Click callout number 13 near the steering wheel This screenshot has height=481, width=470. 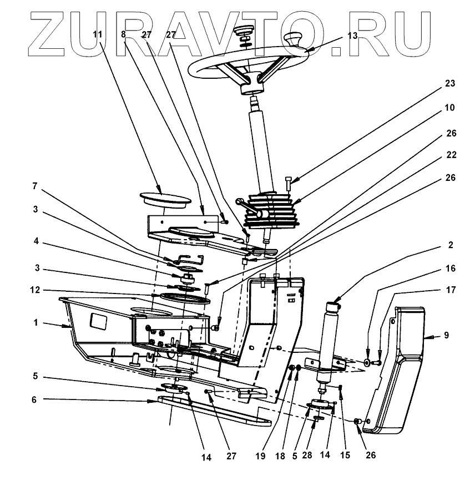click(352, 35)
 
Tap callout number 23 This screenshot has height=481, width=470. click(450, 84)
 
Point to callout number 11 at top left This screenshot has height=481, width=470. click(98, 34)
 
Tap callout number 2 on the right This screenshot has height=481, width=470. click(450, 245)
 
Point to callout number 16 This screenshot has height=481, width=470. click(450, 268)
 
